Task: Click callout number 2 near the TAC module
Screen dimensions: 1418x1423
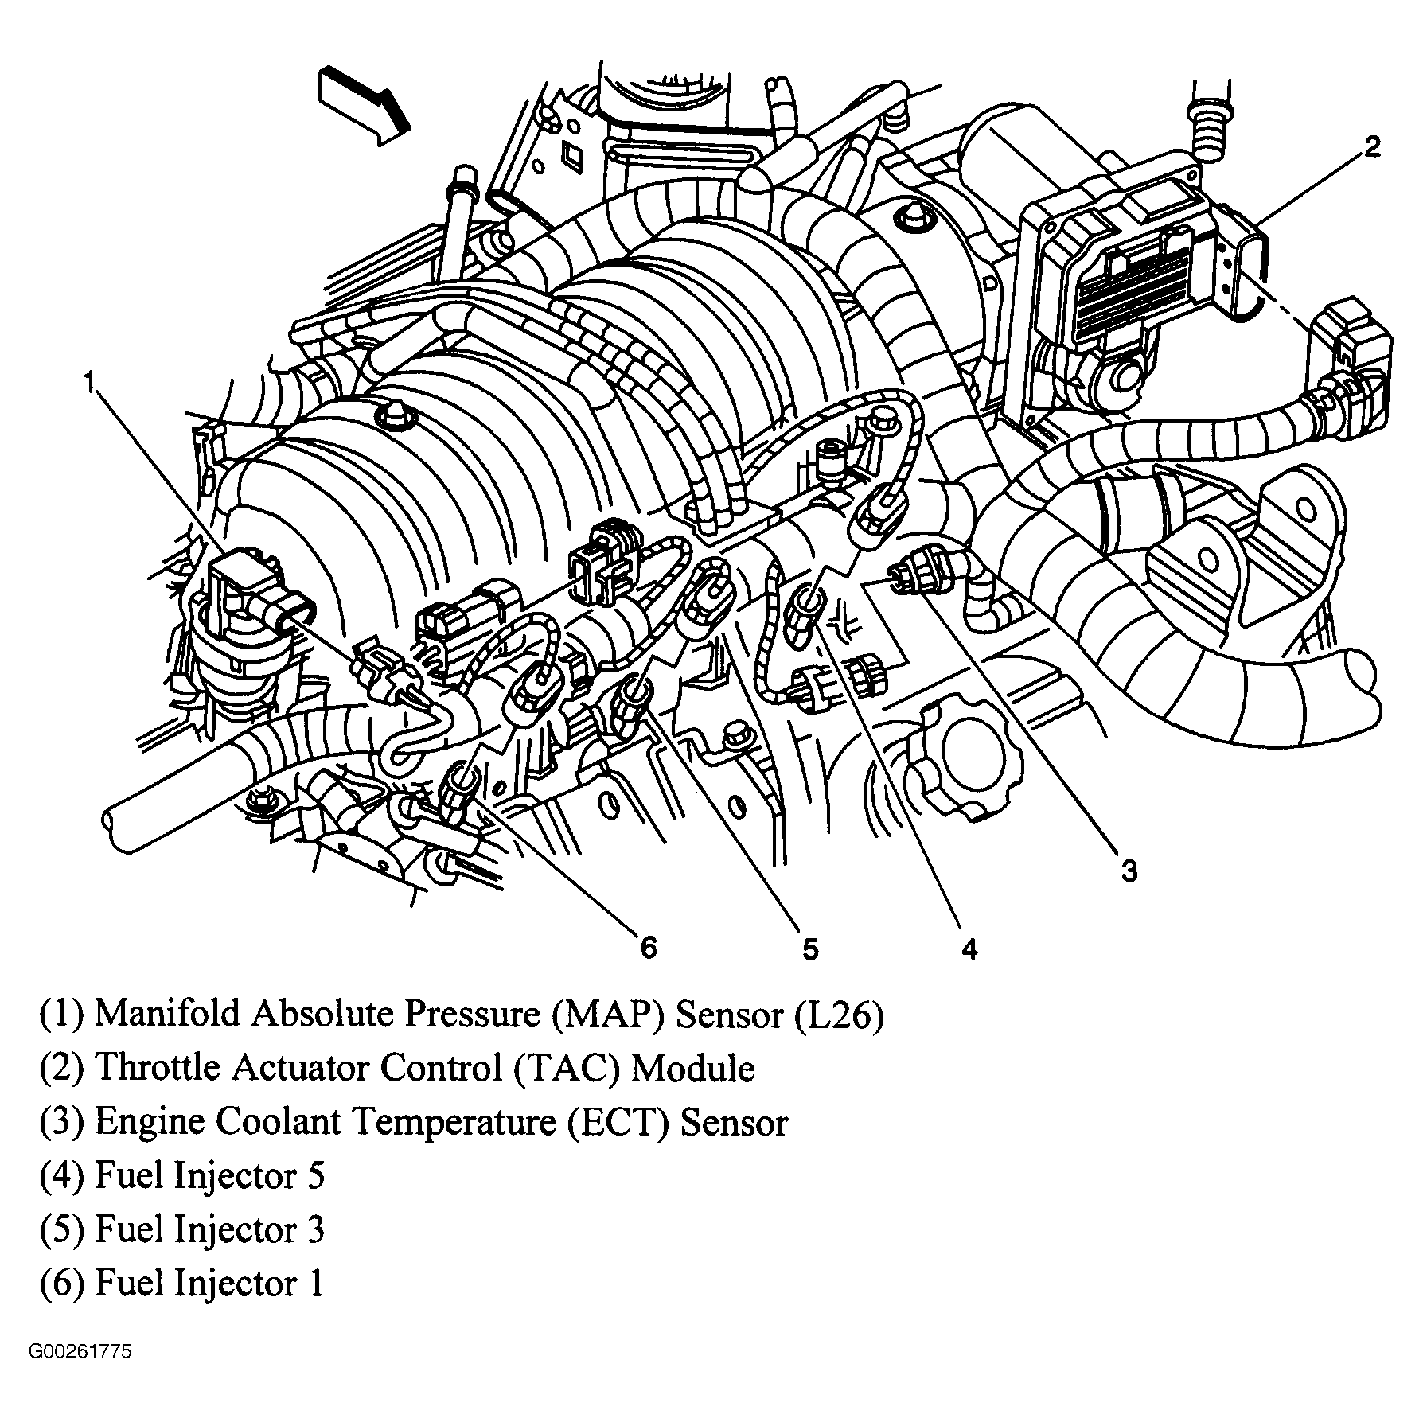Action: tap(1371, 148)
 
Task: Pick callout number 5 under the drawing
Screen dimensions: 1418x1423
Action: tap(809, 949)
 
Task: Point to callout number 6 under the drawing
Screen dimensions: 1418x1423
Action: tap(649, 947)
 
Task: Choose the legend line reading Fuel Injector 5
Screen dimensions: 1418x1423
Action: tap(182, 1176)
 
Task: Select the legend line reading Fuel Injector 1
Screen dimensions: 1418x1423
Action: tap(182, 1284)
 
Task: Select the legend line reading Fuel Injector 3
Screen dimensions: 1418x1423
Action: tap(182, 1229)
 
